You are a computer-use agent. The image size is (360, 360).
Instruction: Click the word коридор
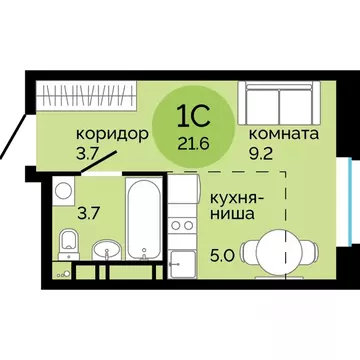112,134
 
